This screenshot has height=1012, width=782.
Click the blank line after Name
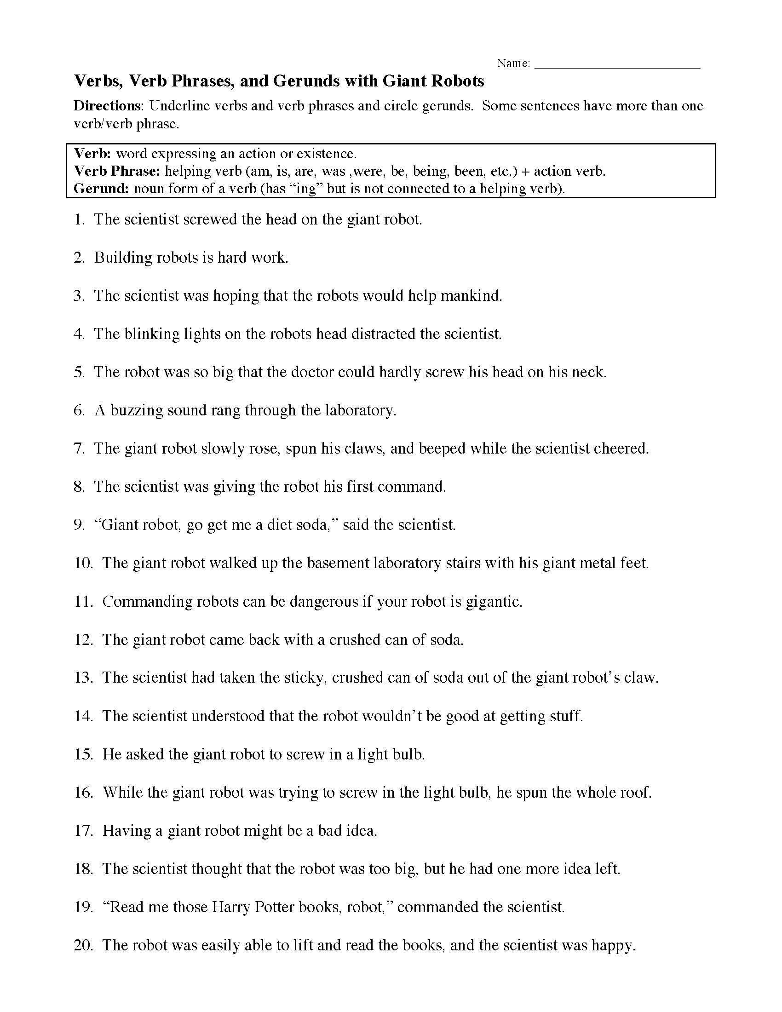617,65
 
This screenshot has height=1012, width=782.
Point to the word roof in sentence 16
636,793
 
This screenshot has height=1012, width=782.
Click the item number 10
83,563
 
